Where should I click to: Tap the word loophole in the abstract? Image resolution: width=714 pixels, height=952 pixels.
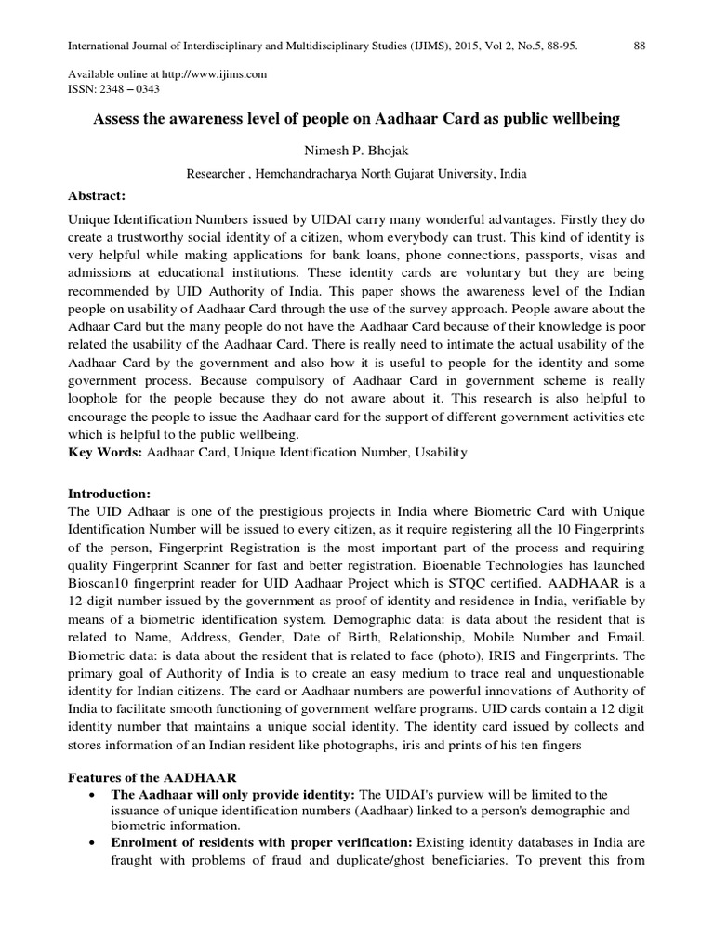click(x=99, y=394)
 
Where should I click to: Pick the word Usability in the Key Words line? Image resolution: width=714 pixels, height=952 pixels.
click(x=438, y=452)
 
